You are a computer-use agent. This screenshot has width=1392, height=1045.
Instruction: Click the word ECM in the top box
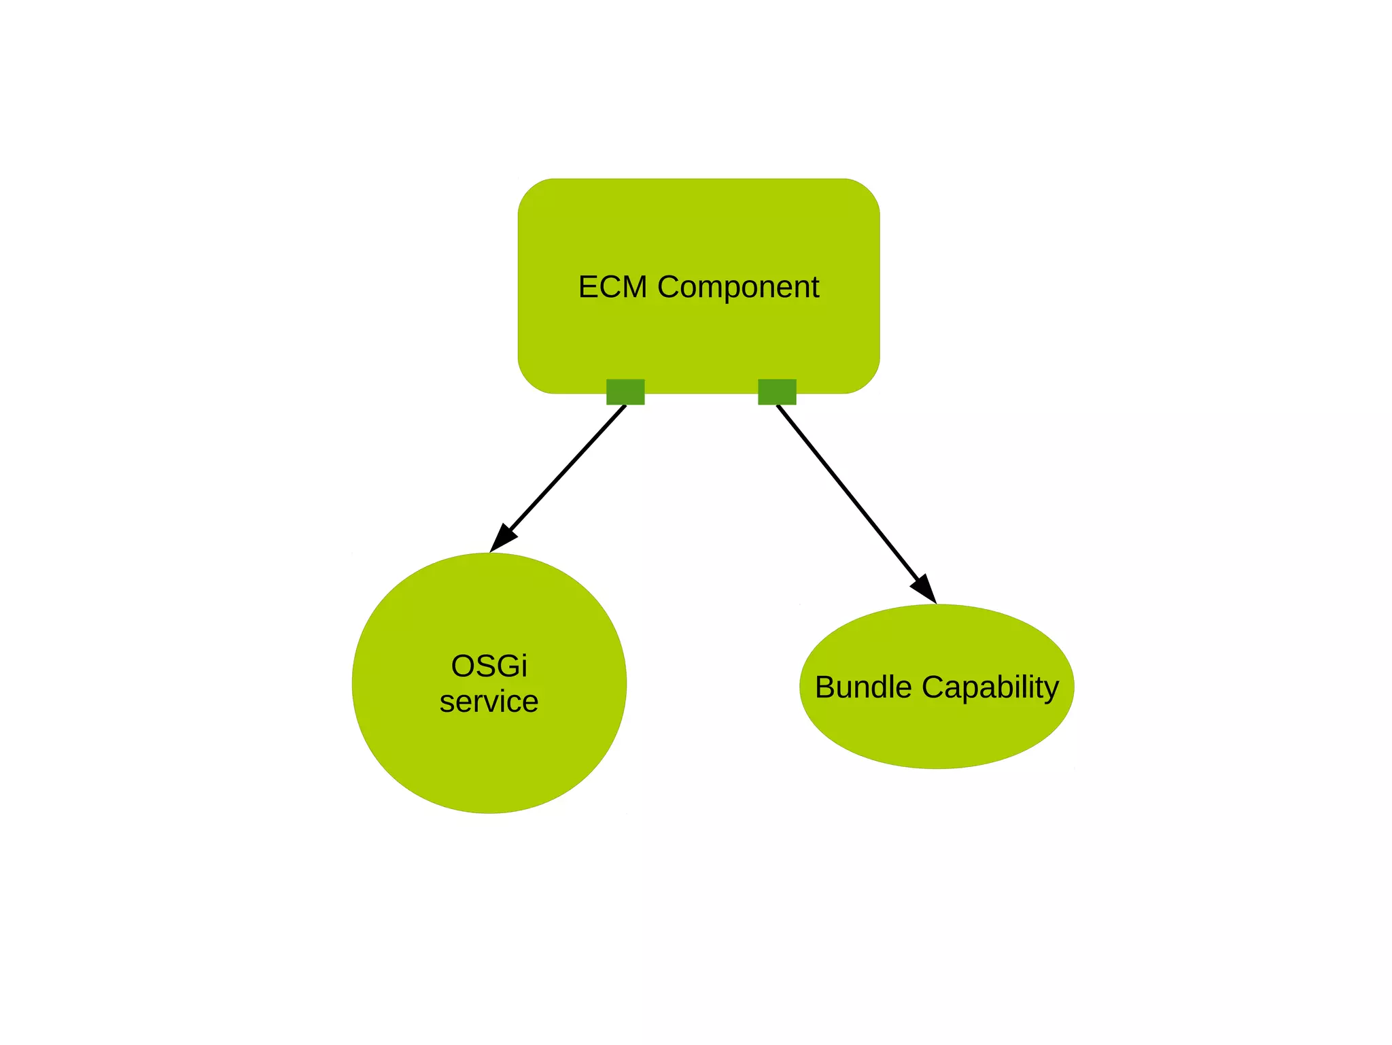pyautogui.click(x=612, y=287)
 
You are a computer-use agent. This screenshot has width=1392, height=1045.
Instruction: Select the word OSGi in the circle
pyautogui.click(x=489, y=666)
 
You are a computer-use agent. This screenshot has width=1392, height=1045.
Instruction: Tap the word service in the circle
pyautogui.click(x=489, y=702)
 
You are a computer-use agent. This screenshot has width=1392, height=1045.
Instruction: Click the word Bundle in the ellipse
pyautogui.click(x=863, y=687)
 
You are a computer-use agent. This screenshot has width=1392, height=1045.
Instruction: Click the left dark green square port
pyautogui.click(x=625, y=392)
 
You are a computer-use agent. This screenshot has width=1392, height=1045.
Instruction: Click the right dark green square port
pyautogui.click(x=777, y=392)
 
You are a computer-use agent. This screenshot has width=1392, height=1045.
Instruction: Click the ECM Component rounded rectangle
pyautogui.click(x=699, y=224)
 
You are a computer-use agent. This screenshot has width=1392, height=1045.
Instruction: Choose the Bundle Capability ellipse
pyautogui.click(x=937, y=734)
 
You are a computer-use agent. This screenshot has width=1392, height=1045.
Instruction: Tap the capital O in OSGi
pyautogui.click(x=462, y=666)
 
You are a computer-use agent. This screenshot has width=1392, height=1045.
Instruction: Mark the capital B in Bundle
pyautogui.click(x=825, y=687)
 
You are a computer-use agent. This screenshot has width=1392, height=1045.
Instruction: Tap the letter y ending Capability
pyautogui.click(x=1051, y=690)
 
